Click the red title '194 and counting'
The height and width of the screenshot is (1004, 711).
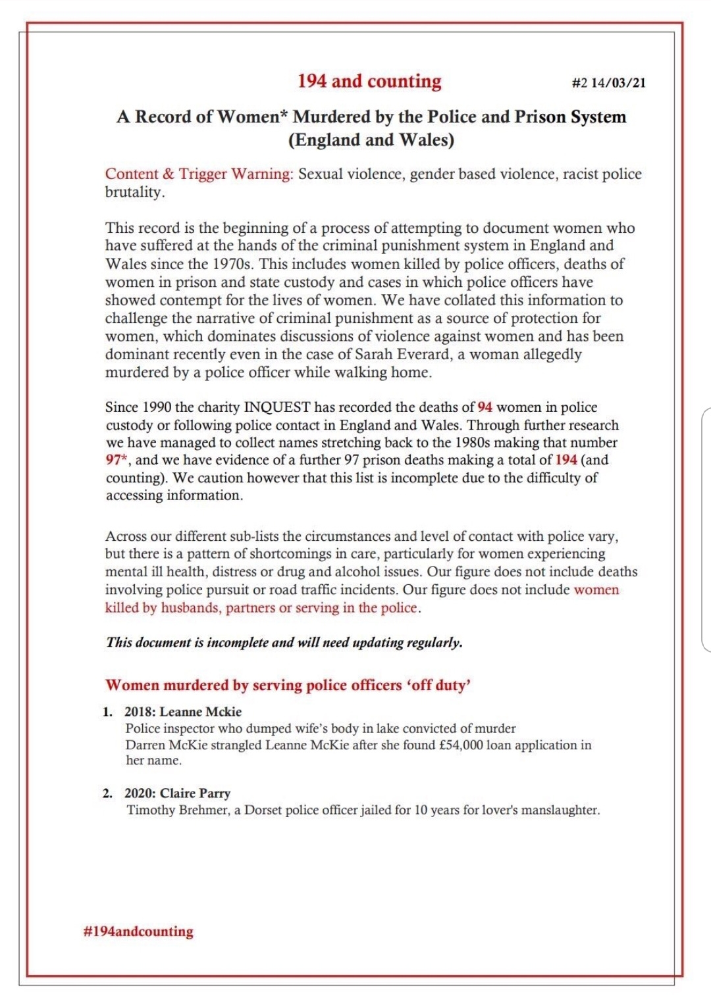(x=369, y=81)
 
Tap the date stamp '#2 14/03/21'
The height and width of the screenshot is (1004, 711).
(x=608, y=83)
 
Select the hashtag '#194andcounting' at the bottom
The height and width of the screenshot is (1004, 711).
(x=138, y=932)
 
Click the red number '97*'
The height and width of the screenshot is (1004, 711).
(x=117, y=461)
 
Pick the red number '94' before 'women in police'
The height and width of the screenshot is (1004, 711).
(x=485, y=407)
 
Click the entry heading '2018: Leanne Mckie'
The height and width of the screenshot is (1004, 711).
(x=183, y=712)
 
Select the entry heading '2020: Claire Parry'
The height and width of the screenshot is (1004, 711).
(x=177, y=793)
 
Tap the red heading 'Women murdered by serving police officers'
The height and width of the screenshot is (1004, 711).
(x=253, y=685)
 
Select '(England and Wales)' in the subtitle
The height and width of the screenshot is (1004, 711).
(x=371, y=140)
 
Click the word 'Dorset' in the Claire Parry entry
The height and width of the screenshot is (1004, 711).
(x=263, y=810)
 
